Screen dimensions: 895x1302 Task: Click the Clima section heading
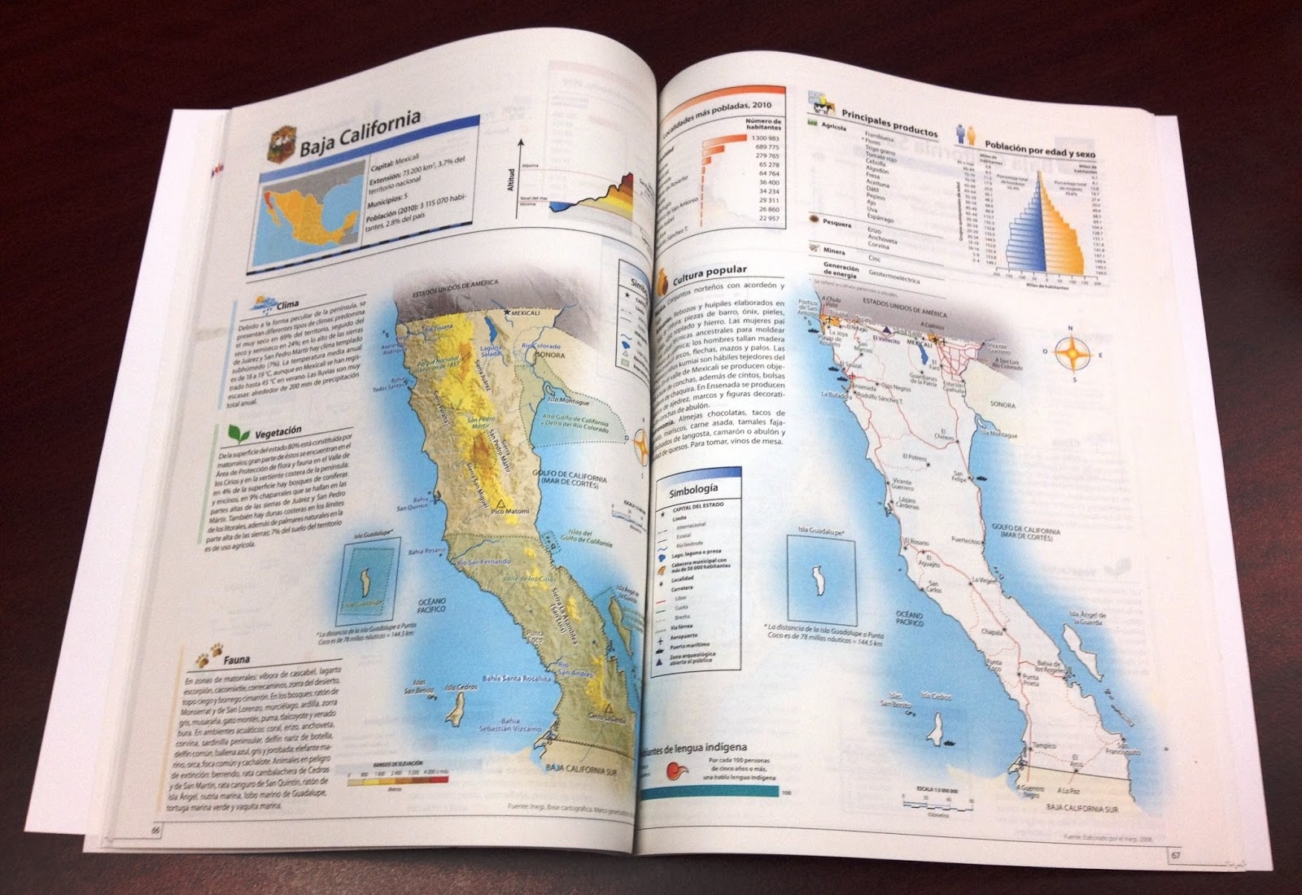(287, 306)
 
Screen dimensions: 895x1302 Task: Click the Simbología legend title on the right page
(693, 490)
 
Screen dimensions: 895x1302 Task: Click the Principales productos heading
(889, 122)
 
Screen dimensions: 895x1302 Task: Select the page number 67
(1177, 854)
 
